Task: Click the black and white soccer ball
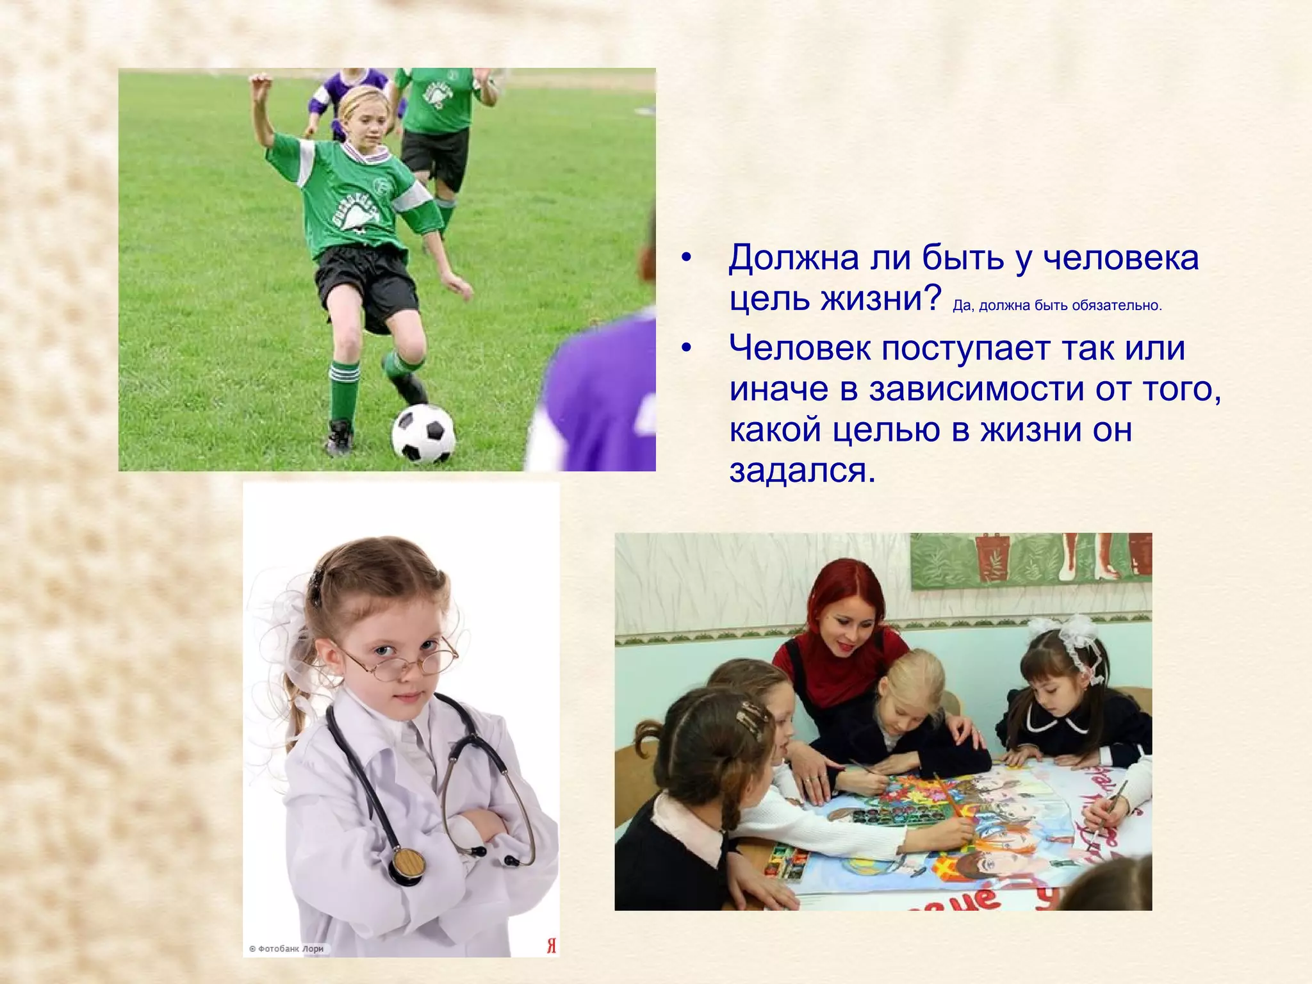point(423,433)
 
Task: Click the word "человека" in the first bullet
point(1120,258)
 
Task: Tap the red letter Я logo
point(551,946)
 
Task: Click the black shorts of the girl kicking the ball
point(365,282)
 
